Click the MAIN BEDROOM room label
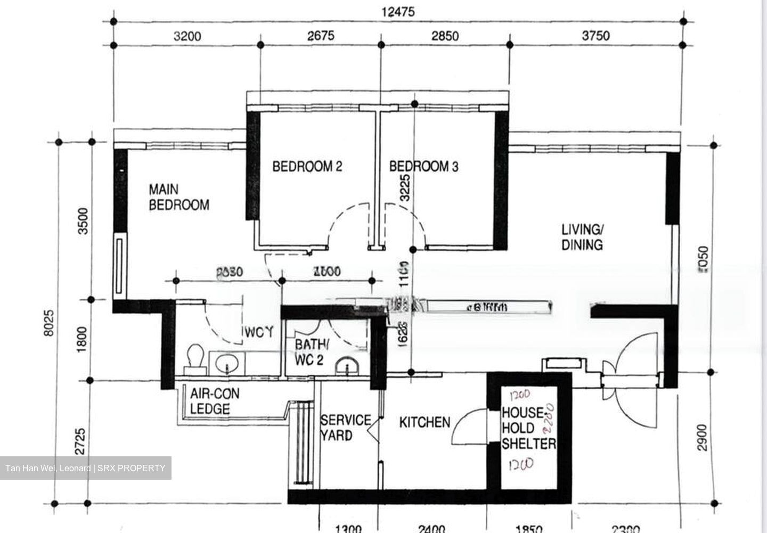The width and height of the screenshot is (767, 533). (x=178, y=197)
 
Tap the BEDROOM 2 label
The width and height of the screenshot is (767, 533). (x=307, y=167)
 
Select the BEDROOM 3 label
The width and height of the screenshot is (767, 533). (x=423, y=167)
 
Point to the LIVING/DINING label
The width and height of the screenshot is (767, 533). (x=582, y=237)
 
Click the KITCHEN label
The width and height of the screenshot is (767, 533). (x=425, y=423)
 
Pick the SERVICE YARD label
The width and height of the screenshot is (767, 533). (x=345, y=428)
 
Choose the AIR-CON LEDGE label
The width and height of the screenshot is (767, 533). (x=214, y=401)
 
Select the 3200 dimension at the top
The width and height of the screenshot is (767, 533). (x=187, y=36)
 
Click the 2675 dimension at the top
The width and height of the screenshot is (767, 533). (x=321, y=36)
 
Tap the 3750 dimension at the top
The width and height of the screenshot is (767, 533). (x=595, y=36)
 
